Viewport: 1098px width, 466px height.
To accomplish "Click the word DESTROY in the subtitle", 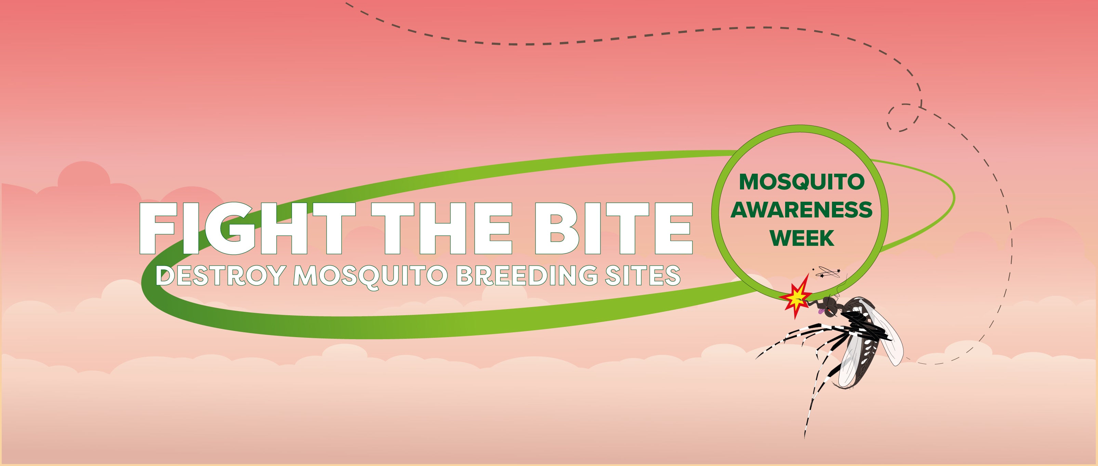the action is (220, 276).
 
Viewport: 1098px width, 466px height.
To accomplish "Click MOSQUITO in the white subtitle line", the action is (370, 276).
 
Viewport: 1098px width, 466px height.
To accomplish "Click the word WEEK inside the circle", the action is (802, 238).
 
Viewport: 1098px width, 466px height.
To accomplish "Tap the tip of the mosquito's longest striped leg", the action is (804, 438).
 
